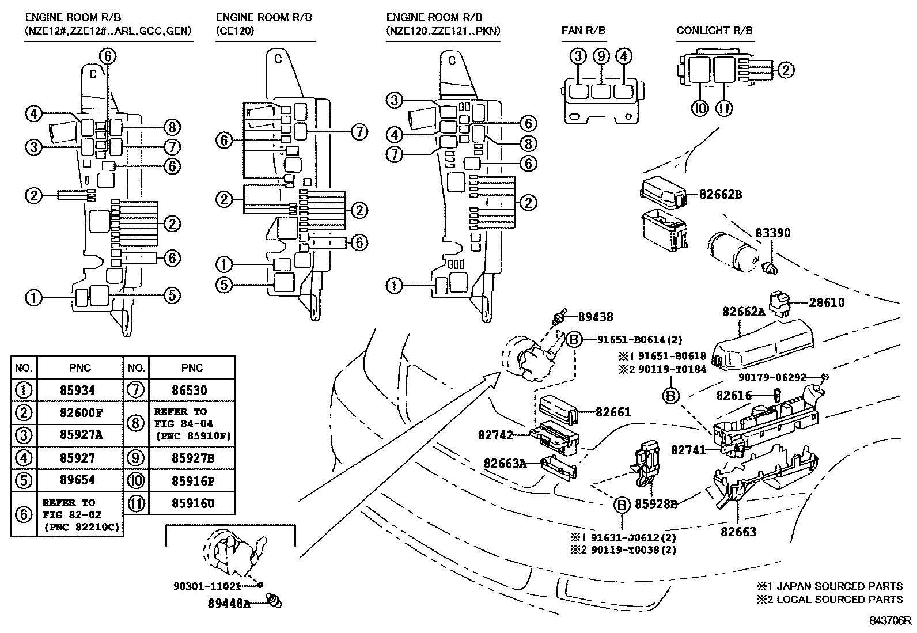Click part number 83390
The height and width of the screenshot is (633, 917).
[772, 233]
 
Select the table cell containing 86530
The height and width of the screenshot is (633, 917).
[192, 391]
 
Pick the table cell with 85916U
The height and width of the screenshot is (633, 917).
[192, 503]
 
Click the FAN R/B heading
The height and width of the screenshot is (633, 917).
[583, 31]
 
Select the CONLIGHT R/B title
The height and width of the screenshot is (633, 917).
[714, 31]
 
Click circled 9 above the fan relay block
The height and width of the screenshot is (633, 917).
[601, 56]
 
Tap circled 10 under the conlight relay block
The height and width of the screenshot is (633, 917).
[700, 108]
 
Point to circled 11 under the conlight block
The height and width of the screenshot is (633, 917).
[724, 108]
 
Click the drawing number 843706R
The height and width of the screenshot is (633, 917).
[891, 620]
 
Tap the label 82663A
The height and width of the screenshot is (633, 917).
[505, 463]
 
